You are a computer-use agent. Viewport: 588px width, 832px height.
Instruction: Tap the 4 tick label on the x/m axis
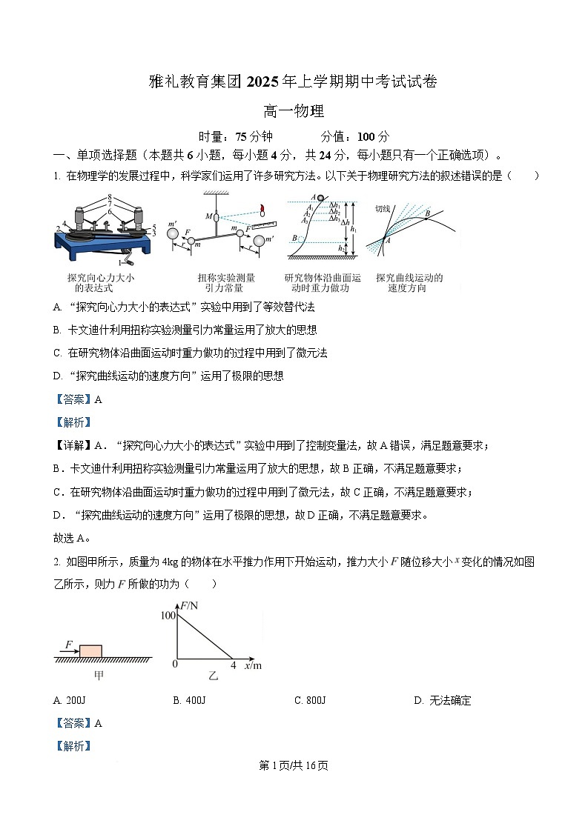click(233, 665)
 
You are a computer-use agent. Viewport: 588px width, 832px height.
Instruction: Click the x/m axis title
click(252, 665)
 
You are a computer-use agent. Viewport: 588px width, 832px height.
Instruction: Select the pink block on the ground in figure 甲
click(91, 650)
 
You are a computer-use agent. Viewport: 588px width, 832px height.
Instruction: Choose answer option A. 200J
click(70, 700)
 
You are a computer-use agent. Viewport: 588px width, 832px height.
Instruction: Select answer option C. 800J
click(310, 700)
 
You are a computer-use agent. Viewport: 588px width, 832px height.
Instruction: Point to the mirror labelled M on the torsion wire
click(217, 217)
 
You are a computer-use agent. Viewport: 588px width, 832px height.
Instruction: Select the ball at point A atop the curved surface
click(320, 197)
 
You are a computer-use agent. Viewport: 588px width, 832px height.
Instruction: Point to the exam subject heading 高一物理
click(294, 112)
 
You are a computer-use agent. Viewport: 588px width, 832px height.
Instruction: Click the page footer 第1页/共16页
click(294, 765)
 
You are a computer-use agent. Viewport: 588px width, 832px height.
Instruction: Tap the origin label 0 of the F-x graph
click(175, 665)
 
